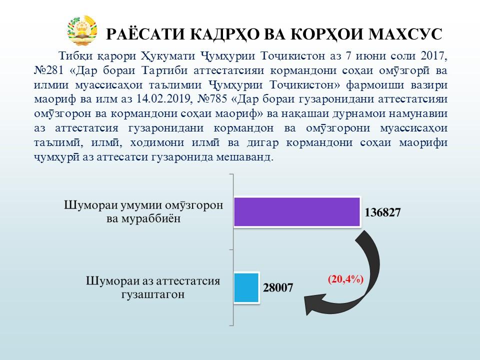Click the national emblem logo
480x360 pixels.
coord(82,31)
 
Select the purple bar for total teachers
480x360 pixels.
coord(297,212)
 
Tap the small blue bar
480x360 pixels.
coord(246,287)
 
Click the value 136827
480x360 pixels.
coord(382,212)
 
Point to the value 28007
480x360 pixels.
coord(278,288)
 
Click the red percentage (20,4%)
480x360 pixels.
coord(345,279)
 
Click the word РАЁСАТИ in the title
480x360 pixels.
coord(145,34)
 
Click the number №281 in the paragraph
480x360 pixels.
coord(48,70)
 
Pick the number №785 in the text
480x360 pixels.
coord(212,99)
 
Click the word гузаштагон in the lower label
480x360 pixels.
coord(153,294)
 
